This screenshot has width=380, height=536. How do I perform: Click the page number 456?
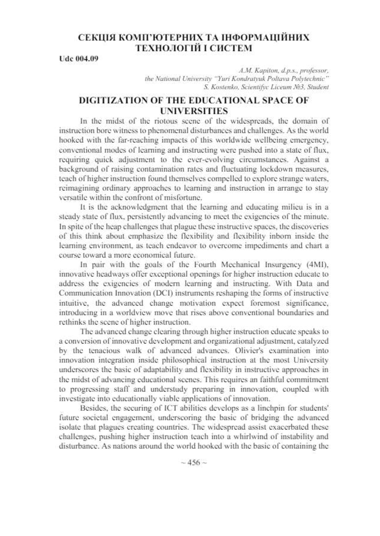194,462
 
